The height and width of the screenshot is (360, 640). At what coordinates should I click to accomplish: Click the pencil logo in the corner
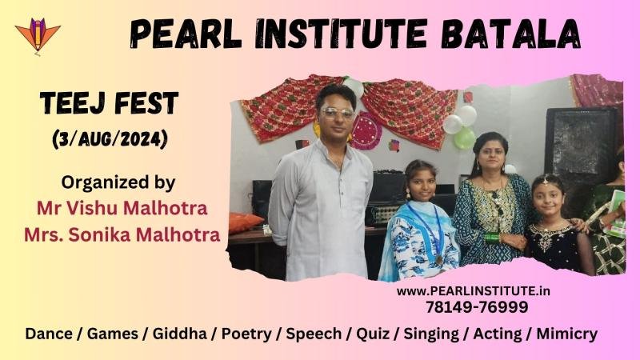[x=38, y=36]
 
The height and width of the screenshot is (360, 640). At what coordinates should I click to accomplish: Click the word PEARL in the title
[x=186, y=34]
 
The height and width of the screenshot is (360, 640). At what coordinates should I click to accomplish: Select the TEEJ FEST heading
[x=109, y=103]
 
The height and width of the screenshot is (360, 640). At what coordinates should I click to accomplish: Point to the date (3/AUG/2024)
[x=110, y=139]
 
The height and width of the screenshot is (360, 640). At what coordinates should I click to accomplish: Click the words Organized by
[x=118, y=183]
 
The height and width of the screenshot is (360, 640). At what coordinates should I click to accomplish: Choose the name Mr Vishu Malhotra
[x=122, y=208]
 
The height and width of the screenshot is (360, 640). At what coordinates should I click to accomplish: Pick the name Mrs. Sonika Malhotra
[x=122, y=234]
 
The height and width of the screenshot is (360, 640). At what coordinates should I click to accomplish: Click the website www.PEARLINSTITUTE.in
[x=473, y=291]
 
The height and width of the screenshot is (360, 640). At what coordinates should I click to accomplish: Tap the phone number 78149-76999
[x=477, y=307]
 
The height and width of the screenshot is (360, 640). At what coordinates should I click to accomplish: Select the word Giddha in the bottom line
[x=179, y=334]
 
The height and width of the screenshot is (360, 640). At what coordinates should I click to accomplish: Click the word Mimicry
[x=566, y=334]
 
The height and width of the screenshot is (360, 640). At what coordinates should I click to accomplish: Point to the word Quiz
[x=373, y=334]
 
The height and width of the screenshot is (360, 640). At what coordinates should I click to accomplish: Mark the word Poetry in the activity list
[x=246, y=334]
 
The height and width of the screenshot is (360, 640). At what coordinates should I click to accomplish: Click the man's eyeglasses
[x=337, y=112]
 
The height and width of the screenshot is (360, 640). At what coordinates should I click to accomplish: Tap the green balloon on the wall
[x=465, y=138]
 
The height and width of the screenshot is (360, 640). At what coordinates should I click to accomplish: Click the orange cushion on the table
[x=245, y=222]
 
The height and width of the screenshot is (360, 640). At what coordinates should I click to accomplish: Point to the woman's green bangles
[x=493, y=238]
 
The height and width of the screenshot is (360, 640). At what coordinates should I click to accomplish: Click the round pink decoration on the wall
[x=366, y=130]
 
